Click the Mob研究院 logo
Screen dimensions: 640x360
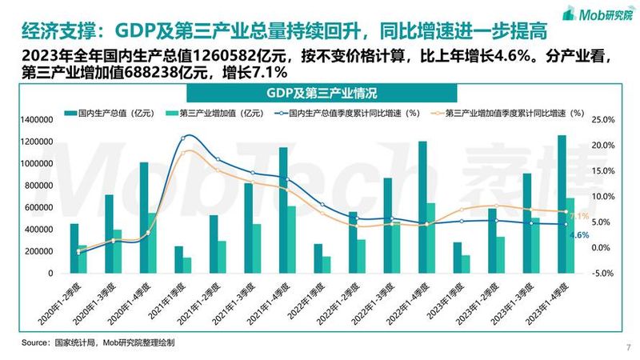point(598,14)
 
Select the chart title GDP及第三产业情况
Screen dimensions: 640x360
point(322,93)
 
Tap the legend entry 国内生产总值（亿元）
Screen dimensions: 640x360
point(110,113)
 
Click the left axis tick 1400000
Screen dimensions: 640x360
point(36,119)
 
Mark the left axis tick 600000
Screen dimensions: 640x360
point(38,207)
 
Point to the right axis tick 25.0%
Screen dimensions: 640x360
point(603,119)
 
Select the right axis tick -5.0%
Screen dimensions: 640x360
point(603,273)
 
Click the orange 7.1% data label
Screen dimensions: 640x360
point(579,216)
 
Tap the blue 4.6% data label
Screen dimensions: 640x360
point(579,235)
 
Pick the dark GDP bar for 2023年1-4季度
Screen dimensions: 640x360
point(562,204)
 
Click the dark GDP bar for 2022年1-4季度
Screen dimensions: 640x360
point(422,207)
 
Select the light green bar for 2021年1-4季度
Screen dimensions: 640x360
point(291,239)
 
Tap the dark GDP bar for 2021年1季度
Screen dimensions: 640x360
point(178,259)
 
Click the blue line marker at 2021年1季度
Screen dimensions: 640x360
point(182,138)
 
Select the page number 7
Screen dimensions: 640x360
point(629,347)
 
